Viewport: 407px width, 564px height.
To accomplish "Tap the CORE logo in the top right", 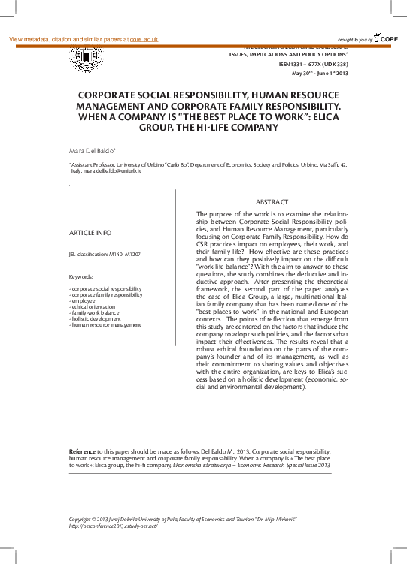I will click(x=388, y=38).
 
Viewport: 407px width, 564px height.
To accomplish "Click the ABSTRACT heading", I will click(x=272, y=203).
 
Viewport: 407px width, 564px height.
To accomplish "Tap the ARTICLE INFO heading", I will click(x=90, y=233).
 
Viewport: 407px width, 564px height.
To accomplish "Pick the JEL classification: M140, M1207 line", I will click(x=104, y=255).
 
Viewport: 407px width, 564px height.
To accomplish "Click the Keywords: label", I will click(x=80, y=277).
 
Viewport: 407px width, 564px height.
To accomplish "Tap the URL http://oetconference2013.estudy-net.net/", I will click(x=113, y=526).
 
